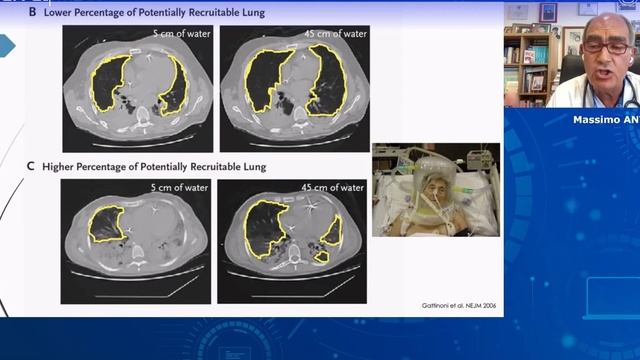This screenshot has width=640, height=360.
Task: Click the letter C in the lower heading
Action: [x=31, y=166]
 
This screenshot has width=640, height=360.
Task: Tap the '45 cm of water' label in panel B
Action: [x=337, y=35]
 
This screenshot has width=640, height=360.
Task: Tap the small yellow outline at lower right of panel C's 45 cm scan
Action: [x=321, y=256]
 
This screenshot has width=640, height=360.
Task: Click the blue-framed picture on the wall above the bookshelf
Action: [x=548, y=11]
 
